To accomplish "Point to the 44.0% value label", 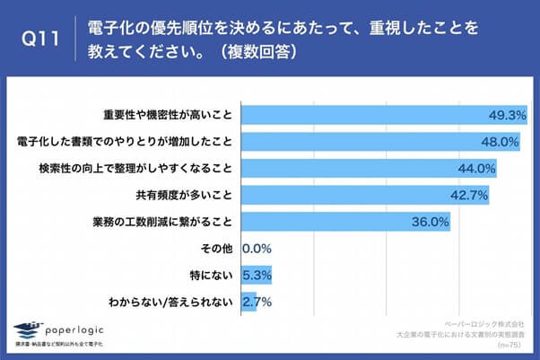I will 477,168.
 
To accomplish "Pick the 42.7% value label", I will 470,195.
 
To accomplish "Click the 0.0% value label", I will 257,248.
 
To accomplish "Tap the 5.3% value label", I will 257,274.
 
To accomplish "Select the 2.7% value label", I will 257,301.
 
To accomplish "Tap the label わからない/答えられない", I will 172,301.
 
